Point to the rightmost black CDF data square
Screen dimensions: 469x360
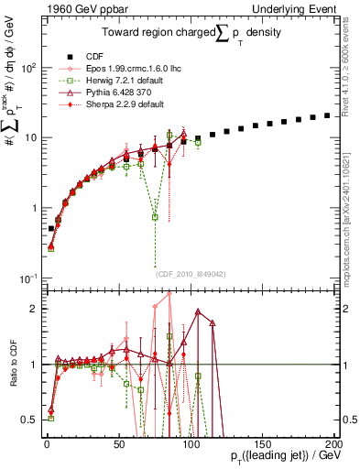[x=327, y=115]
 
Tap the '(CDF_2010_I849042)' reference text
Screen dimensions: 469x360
[x=190, y=273]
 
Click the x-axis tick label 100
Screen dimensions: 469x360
[x=190, y=442]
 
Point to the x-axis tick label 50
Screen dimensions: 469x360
[x=118, y=442]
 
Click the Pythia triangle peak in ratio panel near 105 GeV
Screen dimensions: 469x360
[x=198, y=311]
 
